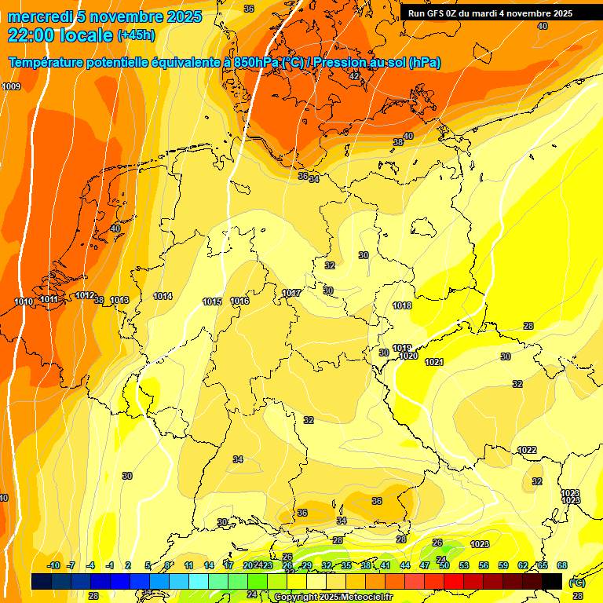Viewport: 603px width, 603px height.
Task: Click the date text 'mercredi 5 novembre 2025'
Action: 104,16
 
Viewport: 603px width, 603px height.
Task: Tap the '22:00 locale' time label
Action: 60,35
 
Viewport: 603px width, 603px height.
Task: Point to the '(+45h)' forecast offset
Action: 136,35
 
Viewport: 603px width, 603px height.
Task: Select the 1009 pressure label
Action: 11,86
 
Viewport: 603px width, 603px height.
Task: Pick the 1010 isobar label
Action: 24,301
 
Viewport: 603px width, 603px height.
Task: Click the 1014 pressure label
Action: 163,296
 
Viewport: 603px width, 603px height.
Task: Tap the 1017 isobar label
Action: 291,293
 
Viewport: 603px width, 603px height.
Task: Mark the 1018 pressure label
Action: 402,305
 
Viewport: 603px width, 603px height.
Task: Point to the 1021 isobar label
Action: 434,362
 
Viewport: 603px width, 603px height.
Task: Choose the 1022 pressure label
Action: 527,450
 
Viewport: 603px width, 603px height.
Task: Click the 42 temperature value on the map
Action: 354,76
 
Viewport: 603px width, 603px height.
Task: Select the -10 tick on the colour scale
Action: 53,565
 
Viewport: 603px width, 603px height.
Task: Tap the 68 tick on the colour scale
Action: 561,565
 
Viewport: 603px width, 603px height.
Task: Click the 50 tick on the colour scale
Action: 444,565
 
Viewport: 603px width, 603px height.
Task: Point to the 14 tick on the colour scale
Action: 209,565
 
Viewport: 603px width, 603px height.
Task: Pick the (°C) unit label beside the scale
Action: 576,583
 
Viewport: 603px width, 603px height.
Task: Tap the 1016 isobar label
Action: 239,301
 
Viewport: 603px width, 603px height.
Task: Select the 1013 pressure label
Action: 119,300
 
